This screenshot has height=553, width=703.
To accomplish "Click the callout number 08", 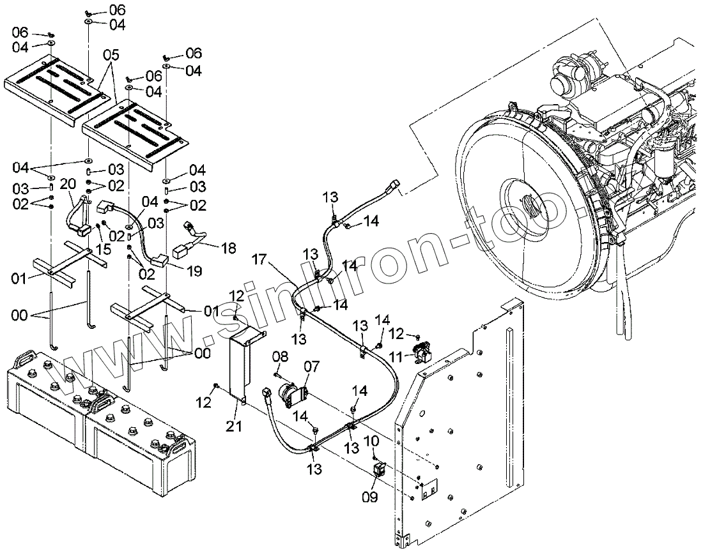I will click(281, 356).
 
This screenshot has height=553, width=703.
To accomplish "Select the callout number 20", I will click(68, 184).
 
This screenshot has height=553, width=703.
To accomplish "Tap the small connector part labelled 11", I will click(422, 351).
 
